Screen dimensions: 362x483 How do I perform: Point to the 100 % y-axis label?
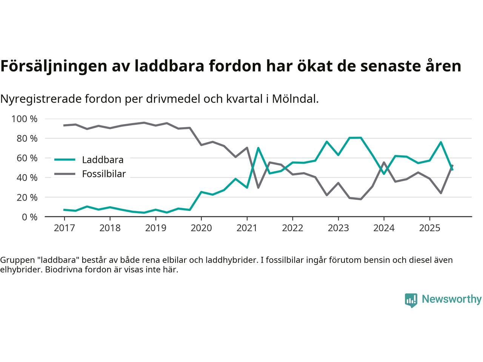click(x=25, y=119)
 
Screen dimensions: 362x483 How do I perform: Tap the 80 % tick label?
click(x=26, y=138)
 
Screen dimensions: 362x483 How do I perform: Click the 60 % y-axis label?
click(x=26, y=158)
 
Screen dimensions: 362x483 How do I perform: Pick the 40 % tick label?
click(x=26, y=178)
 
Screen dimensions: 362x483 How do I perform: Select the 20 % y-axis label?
click(x=26, y=197)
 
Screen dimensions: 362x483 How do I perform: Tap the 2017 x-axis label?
click(x=64, y=228)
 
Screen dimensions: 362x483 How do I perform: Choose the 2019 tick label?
click(x=155, y=228)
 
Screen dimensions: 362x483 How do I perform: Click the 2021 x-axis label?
click(x=247, y=228)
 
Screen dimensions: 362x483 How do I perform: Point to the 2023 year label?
click(x=338, y=228)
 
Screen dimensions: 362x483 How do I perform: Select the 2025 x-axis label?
click(x=429, y=228)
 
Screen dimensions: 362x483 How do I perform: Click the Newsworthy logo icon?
click(x=411, y=300)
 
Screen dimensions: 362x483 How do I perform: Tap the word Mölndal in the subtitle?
click(x=295, y=99)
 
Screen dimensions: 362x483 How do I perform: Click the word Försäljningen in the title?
click(x=53, y=66)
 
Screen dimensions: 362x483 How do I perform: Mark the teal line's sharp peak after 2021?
click(x=258, y=148)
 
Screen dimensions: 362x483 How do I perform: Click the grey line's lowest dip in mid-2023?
click(x=361, y=199)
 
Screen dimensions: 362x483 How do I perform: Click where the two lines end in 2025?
click(x=452, y=168)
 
